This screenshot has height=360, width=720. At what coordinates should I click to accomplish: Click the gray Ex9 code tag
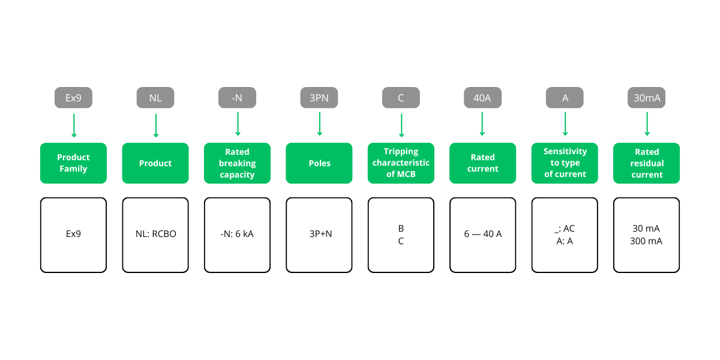[73, 98]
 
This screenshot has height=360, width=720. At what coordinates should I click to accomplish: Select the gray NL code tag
[155, 98]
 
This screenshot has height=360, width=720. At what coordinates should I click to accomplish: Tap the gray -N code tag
[237, 98]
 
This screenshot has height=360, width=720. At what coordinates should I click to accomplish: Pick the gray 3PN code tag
[319, 98]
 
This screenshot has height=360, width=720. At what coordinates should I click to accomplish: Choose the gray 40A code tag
[482, 98]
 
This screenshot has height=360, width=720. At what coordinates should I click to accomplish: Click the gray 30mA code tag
[646, 98]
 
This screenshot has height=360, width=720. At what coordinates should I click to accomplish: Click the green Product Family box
[73, 163]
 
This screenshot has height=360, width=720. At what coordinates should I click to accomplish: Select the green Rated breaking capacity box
[237, 163]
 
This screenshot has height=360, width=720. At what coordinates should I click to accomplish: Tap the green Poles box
[319, 163]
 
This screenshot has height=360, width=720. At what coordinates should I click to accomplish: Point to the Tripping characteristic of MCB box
[401, 163]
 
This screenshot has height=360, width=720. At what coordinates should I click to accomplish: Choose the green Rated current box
[482, 163]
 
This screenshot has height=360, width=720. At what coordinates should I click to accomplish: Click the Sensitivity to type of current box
[565, 163]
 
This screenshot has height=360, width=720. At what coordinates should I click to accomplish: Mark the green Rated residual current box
[646, 163]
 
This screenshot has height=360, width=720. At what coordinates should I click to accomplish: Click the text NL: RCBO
[155, 234]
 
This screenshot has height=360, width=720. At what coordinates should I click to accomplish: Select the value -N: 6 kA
[237, 234]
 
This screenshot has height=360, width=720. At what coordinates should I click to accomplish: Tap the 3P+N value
[319, 234]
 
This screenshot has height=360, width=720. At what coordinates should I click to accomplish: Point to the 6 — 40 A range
[482, 234]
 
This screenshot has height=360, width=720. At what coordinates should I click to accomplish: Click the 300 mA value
[646, 241]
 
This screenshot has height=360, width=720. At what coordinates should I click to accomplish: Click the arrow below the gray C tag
[401, 125]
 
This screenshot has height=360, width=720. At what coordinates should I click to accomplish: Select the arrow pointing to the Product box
[155, 125]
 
